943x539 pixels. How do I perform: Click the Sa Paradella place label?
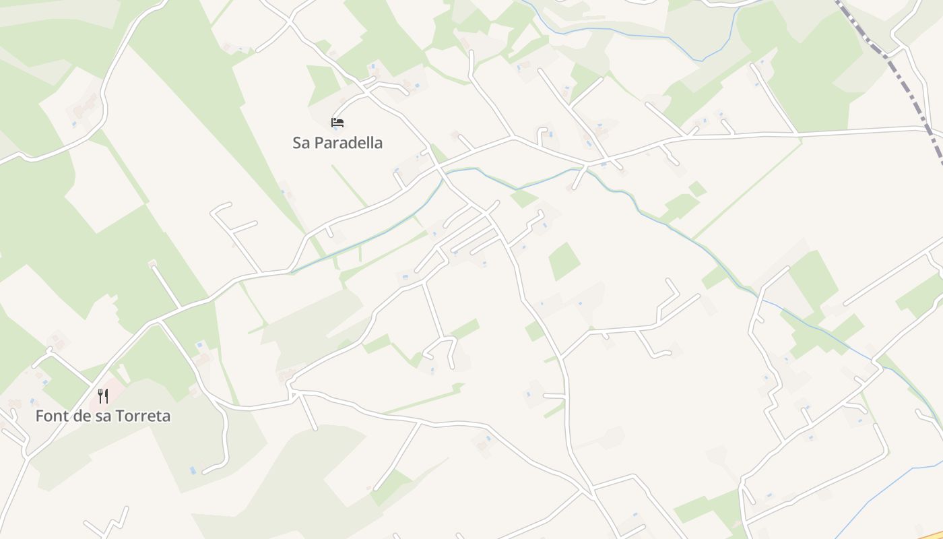tap(337, 143)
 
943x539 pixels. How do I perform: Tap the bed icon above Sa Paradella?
tap(337, 123)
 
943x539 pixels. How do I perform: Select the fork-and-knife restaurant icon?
tap(103, 395)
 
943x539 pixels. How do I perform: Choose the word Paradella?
tap(349, 143)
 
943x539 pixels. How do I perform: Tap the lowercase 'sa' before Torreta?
tap(104, 416)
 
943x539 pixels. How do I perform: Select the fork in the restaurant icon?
tap(100, 395)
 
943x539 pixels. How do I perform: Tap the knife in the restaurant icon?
tap(106, 395)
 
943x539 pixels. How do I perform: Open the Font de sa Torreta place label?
tap(103, 416)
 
